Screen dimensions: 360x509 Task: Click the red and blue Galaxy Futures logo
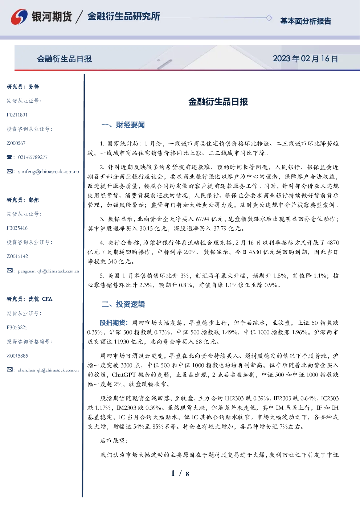coord(19,17)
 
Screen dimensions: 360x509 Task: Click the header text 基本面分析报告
coord(306,21)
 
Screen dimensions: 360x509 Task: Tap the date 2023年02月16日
coord(306,59)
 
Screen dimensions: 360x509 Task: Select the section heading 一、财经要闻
coord(123,125)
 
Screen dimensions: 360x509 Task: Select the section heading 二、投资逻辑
coord(123,304)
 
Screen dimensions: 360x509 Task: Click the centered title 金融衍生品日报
coord(218,102)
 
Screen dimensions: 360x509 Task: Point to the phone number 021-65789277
coord(33,157)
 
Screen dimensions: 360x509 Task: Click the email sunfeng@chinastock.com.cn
coord(49,172)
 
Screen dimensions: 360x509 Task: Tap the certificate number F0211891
coord(17,115)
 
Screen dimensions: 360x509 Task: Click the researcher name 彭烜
coord(34,200)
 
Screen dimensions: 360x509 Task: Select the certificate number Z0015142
coord(17,256)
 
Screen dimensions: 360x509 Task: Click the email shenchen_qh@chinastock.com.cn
coord(48,370)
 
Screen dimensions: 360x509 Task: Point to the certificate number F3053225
coord(17,328)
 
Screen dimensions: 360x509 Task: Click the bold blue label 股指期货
coord(112,323)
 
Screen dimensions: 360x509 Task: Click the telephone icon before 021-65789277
coord(9,157)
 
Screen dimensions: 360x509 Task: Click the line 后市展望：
coord(114,440)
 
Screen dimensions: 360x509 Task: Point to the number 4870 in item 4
coord(333,243)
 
